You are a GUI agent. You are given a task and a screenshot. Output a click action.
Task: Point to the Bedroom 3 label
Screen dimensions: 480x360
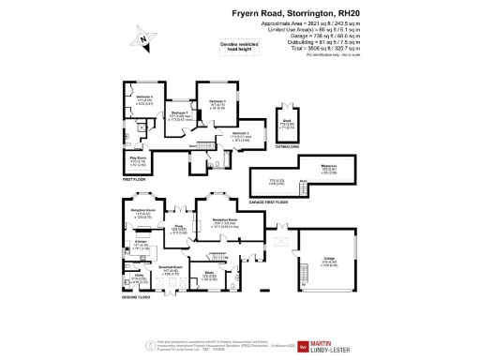coord(217,101)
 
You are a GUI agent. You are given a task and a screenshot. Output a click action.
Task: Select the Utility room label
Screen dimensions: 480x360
coord(139,278)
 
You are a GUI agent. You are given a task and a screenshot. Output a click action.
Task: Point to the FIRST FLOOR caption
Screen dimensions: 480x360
coord(136,177)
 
